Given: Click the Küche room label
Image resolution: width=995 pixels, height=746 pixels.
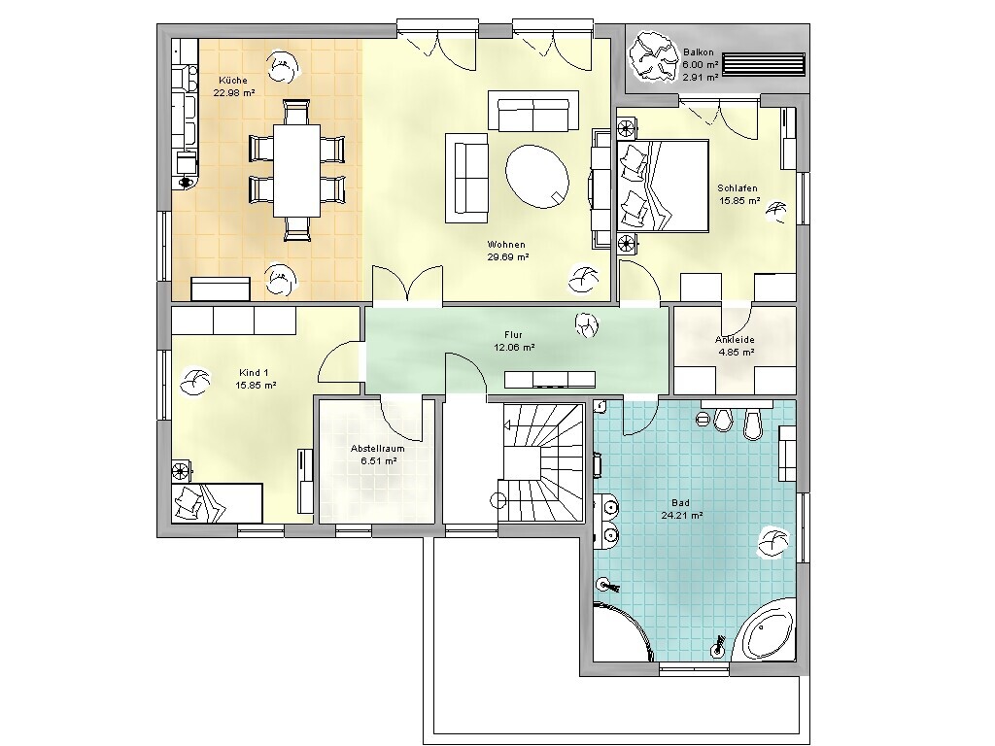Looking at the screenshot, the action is tap(233, 81).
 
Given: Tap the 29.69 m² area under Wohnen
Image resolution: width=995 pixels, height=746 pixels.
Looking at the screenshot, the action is tap(508, 257).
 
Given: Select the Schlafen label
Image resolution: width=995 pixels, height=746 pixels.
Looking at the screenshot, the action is tap(738, 188).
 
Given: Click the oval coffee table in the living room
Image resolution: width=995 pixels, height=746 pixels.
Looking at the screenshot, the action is tap(537, 176).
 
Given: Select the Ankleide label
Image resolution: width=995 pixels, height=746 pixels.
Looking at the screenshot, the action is tap(735, 340).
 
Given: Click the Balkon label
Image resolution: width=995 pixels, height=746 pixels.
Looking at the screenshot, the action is tap(699, 52).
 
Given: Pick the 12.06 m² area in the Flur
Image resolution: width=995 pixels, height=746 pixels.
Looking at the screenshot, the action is tap(514, 348).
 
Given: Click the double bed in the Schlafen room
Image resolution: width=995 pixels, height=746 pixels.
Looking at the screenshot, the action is tap(663, 186).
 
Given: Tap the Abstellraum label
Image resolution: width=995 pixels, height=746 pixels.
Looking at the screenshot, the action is tap(378, 449).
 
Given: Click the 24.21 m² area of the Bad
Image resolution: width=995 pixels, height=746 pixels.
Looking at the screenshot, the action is tap(681, 517).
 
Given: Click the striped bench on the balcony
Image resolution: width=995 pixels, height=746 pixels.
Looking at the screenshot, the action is tap(764, 65).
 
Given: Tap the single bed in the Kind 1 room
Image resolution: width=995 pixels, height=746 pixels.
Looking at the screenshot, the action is tap(217, 503).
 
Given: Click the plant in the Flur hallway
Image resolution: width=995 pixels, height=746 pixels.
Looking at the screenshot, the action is tap(587, 325).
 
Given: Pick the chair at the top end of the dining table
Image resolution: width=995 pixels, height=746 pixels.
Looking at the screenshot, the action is tap(297, 112).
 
